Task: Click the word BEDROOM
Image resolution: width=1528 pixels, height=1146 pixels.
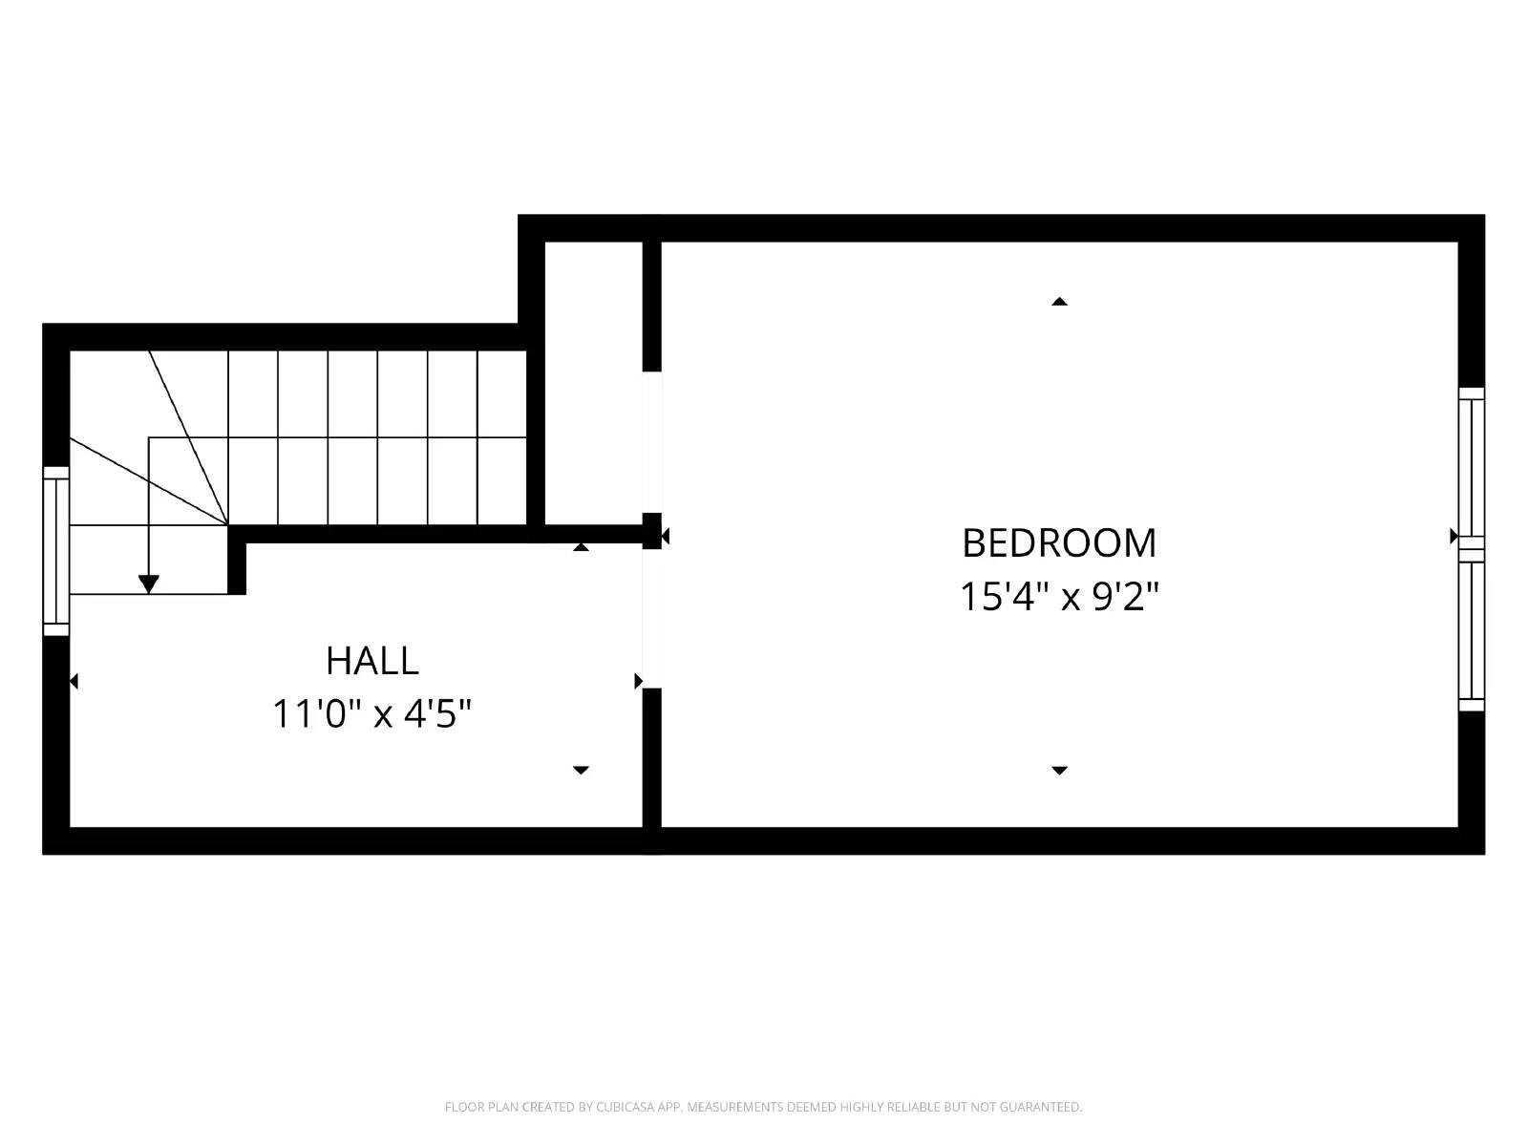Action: point(1058,542)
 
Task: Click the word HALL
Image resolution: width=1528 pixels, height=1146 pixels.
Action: point(371,661)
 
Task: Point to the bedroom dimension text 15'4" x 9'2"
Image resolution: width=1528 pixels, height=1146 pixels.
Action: point(1058,598)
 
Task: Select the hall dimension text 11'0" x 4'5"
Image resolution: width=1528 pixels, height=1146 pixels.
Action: point(372,713)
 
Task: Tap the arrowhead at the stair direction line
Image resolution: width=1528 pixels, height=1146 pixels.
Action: point(148,583)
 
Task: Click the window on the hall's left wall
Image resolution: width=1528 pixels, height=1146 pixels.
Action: point(56,551)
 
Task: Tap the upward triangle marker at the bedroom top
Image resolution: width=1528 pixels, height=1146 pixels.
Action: point(1058,302)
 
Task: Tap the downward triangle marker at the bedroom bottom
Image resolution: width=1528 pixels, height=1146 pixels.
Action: point(1058,770)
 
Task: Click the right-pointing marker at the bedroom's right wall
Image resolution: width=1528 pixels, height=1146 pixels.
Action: point(1454,536)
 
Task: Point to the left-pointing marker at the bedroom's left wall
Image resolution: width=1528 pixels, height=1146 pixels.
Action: point(665,537)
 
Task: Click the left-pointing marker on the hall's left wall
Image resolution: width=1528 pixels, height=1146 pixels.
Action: point(74,681)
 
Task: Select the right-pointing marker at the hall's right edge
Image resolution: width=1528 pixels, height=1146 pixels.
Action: point(638,681)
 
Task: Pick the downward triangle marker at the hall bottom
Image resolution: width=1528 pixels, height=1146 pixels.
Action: point(581,770)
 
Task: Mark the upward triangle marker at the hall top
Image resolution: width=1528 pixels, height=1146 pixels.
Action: point(581,547)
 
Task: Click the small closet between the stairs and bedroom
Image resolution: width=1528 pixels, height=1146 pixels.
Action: point(593,382)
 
